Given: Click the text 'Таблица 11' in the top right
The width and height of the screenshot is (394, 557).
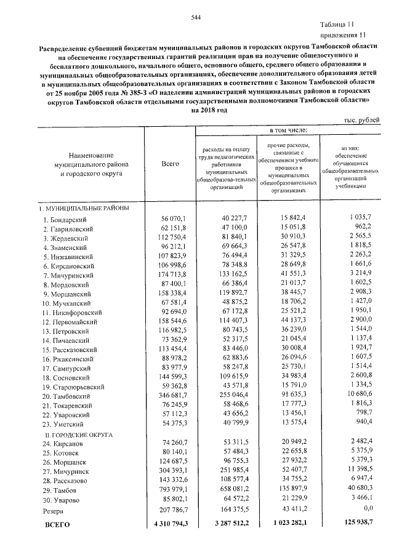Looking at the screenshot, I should click(x=350, y=25).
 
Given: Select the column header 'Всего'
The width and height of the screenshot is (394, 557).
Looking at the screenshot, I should click(x=170, y=164).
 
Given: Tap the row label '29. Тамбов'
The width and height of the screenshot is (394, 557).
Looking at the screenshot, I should click(x=60, y=491).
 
